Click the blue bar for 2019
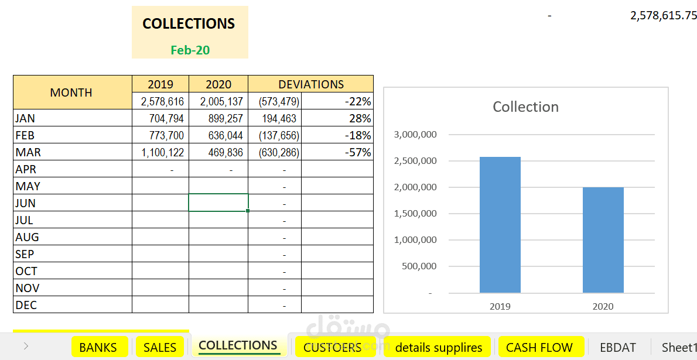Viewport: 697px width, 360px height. tap(500, 225)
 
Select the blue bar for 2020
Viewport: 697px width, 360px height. tap(603, 240)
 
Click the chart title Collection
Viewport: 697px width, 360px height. tap(526, 107)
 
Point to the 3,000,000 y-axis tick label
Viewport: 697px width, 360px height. tap(416, 135)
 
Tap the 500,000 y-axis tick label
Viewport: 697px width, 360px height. tap(419, 266)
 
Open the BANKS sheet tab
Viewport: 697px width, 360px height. tap(98, 347)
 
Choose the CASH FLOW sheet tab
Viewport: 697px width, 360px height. tap(539, 347)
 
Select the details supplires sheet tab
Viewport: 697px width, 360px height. tap(439, 347)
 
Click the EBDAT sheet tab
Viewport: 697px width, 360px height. tap(618, 347)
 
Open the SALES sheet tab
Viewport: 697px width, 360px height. tap(160, 347)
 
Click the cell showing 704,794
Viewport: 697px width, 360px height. tap(160, 118)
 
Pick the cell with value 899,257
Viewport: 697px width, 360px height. tap(218, 118)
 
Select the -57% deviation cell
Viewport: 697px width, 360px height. tap(337, 152)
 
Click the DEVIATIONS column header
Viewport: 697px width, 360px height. tap(310, 84)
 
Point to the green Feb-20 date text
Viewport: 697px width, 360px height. tap(190, 50)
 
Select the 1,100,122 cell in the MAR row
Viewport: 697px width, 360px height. tap(160, 152)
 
